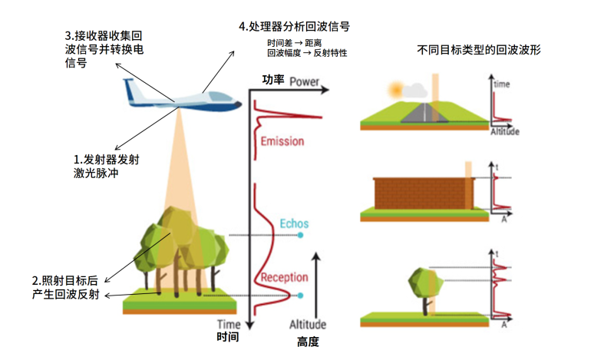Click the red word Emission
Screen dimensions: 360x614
tap(282, 141)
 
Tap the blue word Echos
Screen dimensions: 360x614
tap(293, 223)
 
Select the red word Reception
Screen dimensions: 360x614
tap(284, 277)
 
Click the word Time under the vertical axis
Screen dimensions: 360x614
tap(228, 324)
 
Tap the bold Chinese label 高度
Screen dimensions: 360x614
tap(307, 341)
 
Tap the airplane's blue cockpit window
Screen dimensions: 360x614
tap(219, 97)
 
